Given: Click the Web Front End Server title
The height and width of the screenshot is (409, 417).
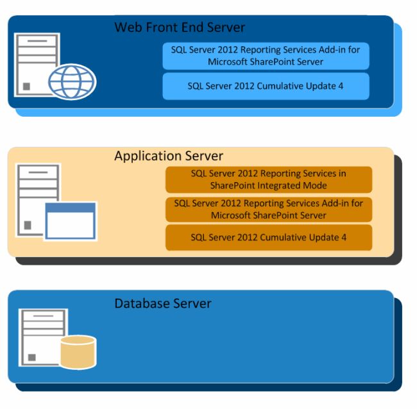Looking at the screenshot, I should point(180,28).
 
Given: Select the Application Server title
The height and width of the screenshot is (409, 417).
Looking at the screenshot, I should point(169,156).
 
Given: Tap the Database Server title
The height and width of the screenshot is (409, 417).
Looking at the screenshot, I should point(163,303).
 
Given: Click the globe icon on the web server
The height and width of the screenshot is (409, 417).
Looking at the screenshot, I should point(72,82).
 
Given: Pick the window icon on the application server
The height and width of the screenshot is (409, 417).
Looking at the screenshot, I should point(70,221).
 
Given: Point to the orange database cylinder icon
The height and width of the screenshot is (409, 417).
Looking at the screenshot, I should point(77,352).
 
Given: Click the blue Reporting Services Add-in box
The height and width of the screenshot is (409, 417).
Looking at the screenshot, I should point(266,56).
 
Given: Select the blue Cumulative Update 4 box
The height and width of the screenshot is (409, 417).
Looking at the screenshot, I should point(266,86).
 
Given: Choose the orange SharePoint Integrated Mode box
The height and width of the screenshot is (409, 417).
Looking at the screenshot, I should point(268,179).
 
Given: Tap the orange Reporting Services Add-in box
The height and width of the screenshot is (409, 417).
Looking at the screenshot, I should point(268,209).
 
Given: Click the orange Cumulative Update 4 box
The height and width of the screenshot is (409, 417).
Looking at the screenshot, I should point(268,237).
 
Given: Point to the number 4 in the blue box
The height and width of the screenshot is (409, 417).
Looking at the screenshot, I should point(340,86).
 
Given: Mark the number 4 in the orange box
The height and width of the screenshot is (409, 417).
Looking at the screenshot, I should point(343,237).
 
